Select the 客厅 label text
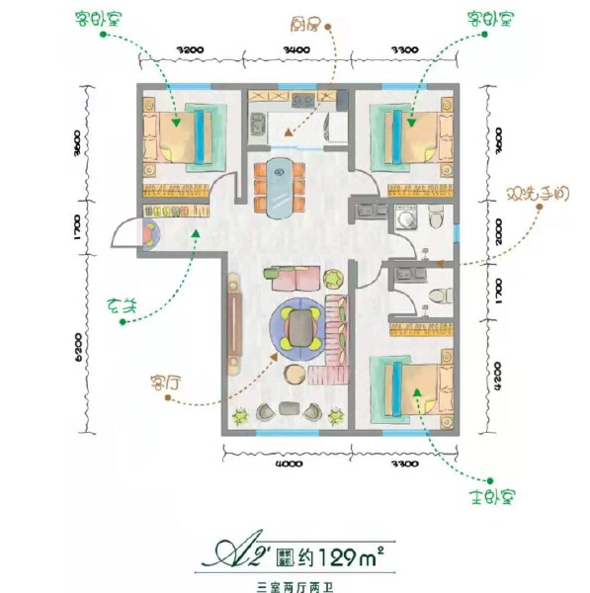click(x=136, y=381)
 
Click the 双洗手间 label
click(x=538, y=195)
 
